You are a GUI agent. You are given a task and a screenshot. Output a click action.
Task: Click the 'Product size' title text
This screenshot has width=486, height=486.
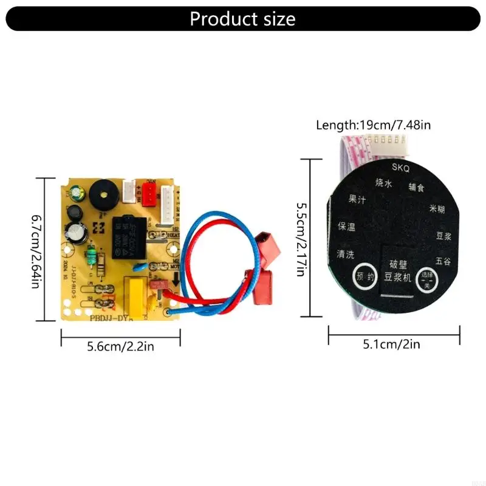click(x=242, y=19)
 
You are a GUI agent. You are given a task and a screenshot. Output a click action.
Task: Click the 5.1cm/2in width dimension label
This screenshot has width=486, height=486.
click(x=391, y=344)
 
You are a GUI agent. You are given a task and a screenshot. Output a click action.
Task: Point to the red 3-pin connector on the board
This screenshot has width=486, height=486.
click(x=148, y=193)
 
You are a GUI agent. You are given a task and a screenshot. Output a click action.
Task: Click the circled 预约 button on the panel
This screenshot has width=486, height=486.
click(x=365, y=276)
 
